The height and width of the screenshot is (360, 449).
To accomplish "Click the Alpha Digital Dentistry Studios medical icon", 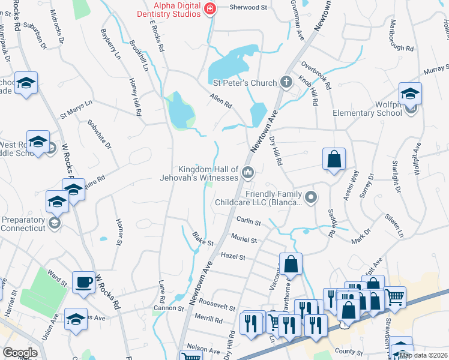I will click(x=209, y=8).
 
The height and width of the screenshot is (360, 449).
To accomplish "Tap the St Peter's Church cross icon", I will click(x=286, y=82).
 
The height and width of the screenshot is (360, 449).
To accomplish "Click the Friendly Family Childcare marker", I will click(x=310, y=197).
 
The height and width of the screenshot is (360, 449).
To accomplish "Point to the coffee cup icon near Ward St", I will click(x=83, y=281).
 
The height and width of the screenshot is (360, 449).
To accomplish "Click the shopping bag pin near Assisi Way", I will click(x=334, y=160).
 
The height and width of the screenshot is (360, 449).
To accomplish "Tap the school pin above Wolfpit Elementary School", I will click(x=410, y=94).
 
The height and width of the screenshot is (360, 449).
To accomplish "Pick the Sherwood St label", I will click(x=248, y=8).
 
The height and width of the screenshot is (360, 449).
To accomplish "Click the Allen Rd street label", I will click(x=220, y=100).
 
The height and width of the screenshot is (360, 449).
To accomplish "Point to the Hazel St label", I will click(x=234, y=257).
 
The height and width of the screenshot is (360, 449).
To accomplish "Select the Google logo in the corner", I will click(x=20, y=353).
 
